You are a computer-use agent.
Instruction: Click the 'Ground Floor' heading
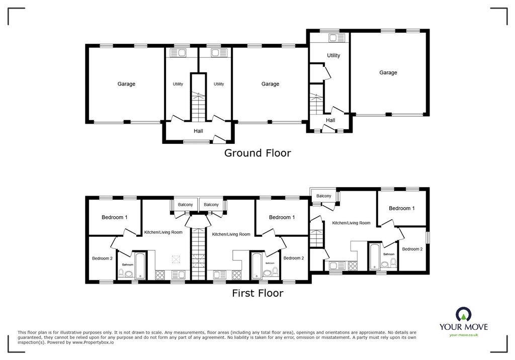point(257,153)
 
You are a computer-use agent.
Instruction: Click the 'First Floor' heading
point(257,293)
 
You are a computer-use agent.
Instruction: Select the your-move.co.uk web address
point(463,335)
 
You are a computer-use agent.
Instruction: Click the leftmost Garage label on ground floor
point(126,84)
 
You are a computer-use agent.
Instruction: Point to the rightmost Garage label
point(388,72)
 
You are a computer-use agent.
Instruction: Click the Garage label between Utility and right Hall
point(270,84)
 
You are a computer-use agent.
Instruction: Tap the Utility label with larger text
point(333,55)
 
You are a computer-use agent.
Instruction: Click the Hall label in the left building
point(198,131)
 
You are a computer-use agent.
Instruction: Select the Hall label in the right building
point(330,120)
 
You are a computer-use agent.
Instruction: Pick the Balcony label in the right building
point(323,196)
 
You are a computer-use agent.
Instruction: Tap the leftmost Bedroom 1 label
point(114,217)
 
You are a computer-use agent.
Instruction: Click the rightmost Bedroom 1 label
point(401,208)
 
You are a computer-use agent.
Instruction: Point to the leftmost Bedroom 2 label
point(102,258)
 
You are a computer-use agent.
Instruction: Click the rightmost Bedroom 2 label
point(412,249)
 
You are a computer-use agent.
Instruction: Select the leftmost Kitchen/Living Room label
point(163,232)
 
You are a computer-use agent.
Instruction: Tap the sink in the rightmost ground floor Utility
point(333,37)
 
